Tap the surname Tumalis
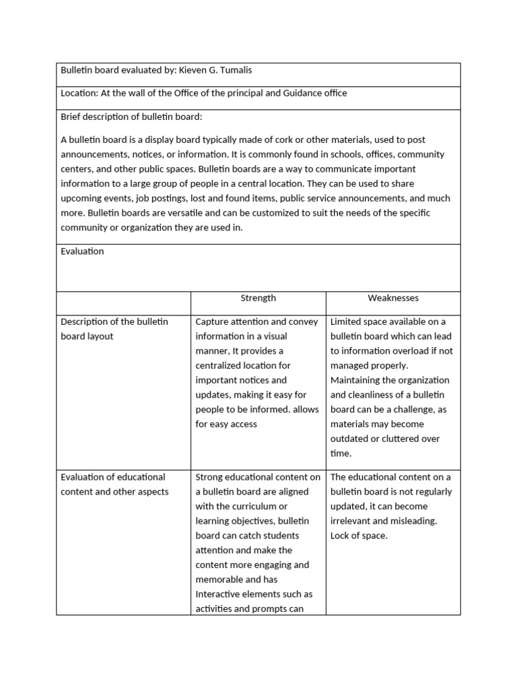tap(239, 69)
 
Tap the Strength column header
tap(258, 298)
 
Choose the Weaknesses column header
tap(393, 298)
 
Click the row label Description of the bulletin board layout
tap(114, 329)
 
